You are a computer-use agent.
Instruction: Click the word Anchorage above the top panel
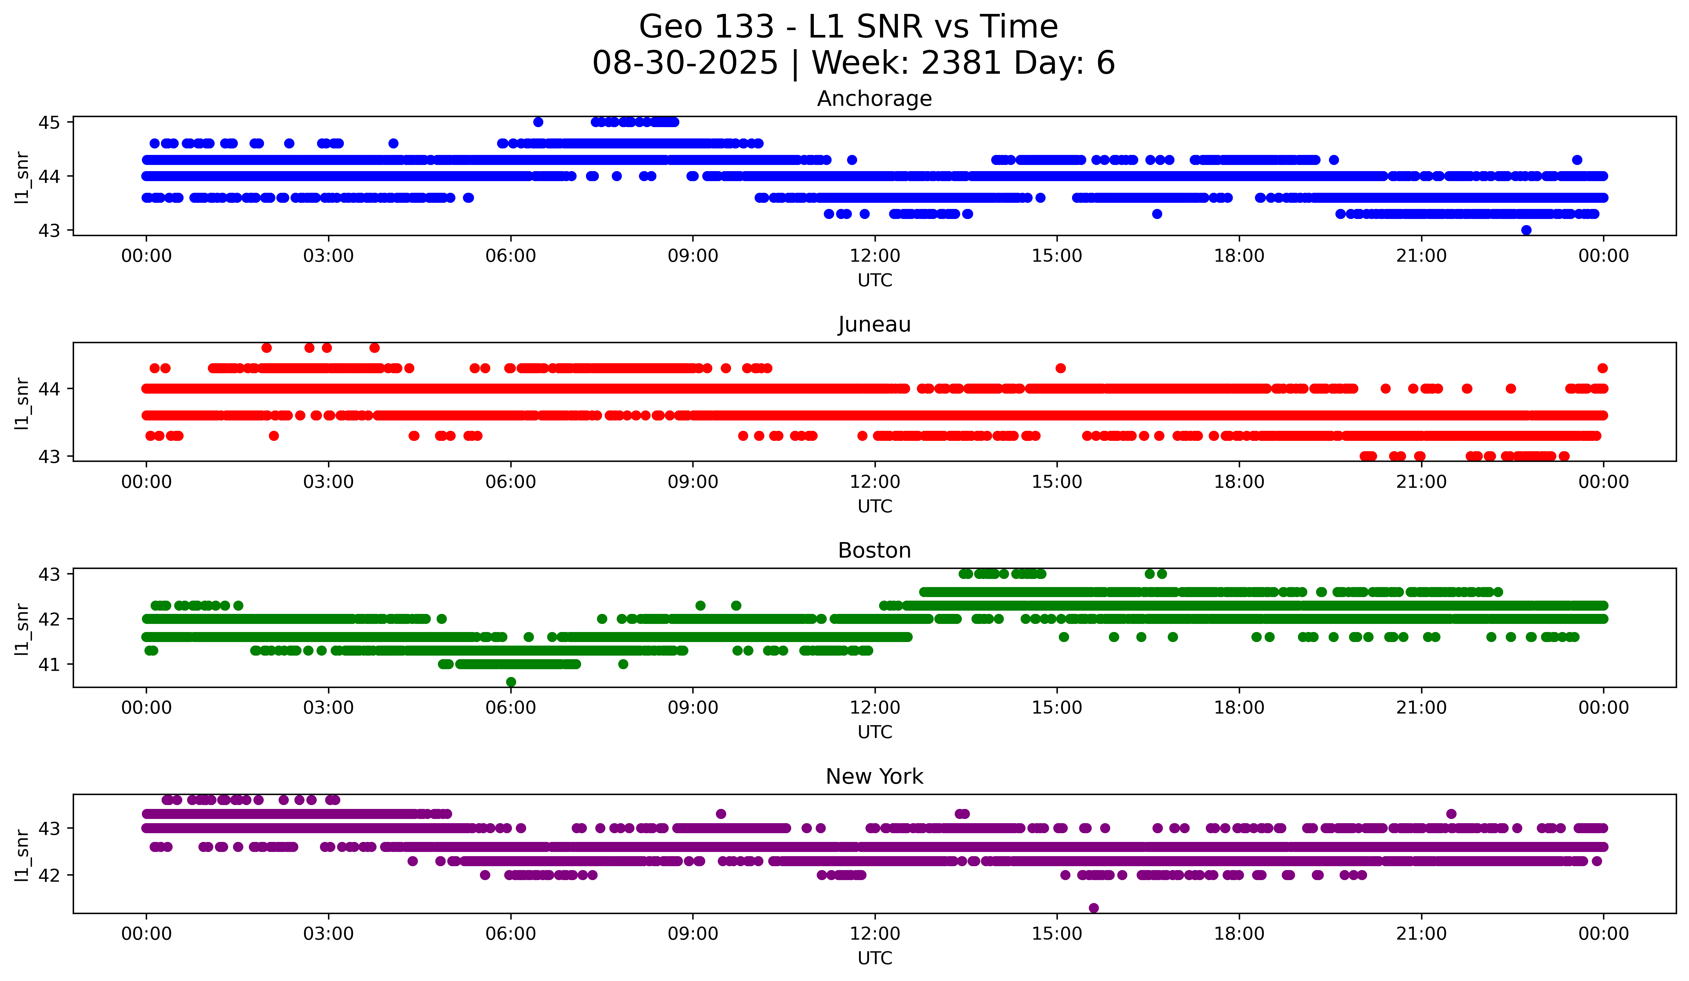point(874,99)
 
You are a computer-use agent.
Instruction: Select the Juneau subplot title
point(874,324)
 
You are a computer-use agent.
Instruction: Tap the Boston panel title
point(874,550)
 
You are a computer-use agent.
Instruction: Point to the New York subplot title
point(874,777)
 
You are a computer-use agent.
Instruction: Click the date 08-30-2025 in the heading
point(685,63)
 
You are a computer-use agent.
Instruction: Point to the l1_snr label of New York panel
point(22,855)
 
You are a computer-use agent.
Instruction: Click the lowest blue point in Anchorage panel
point(1526,230)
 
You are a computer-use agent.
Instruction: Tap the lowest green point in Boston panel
point(511,682)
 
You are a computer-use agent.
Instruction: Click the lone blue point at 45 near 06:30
point(537,122)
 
